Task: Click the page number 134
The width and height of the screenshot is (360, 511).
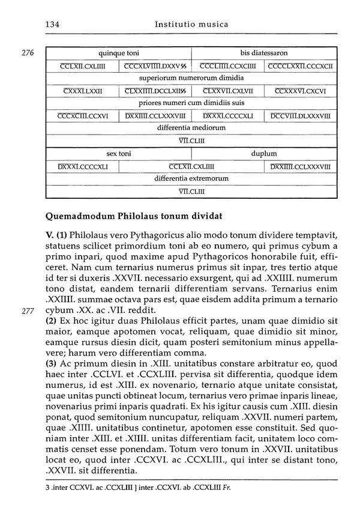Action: tap(53, 25)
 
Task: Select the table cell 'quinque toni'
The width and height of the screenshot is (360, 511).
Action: tap(119, 53)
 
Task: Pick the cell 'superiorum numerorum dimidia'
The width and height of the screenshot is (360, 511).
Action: tap(191, 78)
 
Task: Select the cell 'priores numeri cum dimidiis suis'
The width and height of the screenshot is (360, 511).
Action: tap(191, 103)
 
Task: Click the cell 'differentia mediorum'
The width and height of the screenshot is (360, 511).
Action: tap(191, 128)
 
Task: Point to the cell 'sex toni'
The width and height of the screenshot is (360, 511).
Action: tap(119, 154)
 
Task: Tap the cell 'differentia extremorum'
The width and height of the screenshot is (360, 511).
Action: tap(191, 179)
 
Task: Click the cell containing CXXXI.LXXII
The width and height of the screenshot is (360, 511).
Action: tap(82, 91)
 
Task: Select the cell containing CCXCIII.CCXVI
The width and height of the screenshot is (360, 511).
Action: tap(82, 116)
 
